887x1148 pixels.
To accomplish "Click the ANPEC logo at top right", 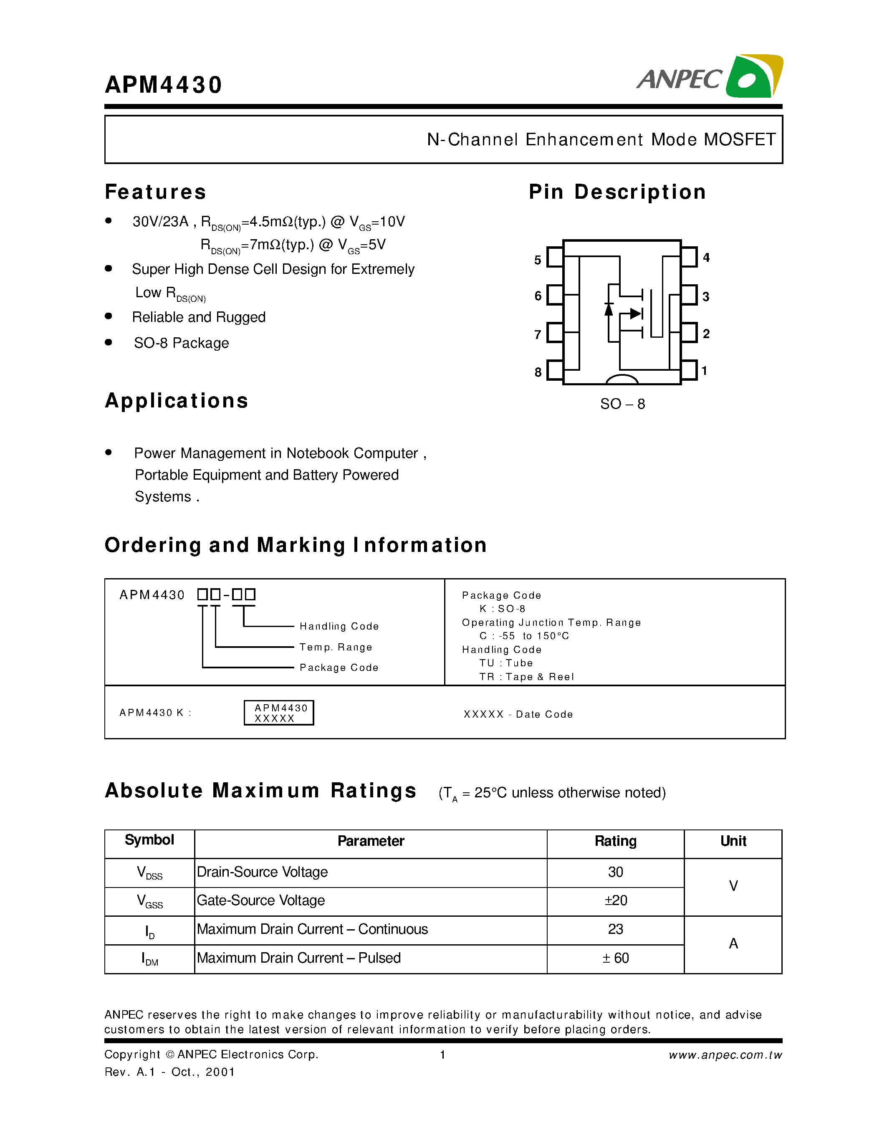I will tap(709, 77).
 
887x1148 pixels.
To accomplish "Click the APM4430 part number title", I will tap(164, 85).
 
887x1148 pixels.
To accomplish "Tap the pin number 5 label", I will tap(538, 260).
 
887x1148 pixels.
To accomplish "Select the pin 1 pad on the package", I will tap(689, 371).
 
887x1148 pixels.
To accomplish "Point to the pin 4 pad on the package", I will tap(689, 257).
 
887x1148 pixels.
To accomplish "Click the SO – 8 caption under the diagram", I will tap(622, 404).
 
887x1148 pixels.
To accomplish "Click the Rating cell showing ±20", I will tap(615, 901).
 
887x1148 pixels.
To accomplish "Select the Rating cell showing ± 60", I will tap(615, 958).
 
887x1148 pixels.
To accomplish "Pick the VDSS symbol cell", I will tap(149, 873).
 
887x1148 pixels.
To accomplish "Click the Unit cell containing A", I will tap(733, 944).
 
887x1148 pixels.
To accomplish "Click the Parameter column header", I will tap(371, 842).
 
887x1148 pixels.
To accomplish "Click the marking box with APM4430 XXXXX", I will tap(279, 713).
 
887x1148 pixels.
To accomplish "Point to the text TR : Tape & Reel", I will tap(526, 677).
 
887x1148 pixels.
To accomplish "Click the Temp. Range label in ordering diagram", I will tap(336, 647).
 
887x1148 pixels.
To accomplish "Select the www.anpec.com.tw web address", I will tap(725, 1055).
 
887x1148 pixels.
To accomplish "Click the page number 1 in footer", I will tap(443, 1055).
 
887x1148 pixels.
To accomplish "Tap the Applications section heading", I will tap(177, 401).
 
